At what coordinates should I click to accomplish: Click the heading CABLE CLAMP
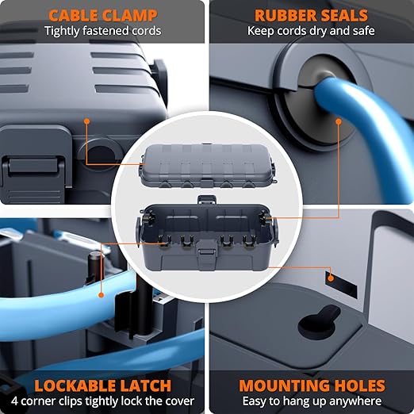102,14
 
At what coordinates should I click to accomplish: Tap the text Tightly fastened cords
102,32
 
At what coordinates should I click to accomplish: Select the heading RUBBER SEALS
310,14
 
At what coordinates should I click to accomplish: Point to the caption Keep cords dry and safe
310,32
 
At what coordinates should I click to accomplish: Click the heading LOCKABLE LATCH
102,386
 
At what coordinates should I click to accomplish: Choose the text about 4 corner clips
102,402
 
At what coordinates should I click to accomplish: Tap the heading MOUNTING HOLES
312,386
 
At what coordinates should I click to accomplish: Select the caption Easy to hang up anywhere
312,402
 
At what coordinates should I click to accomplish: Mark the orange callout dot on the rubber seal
339,122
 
